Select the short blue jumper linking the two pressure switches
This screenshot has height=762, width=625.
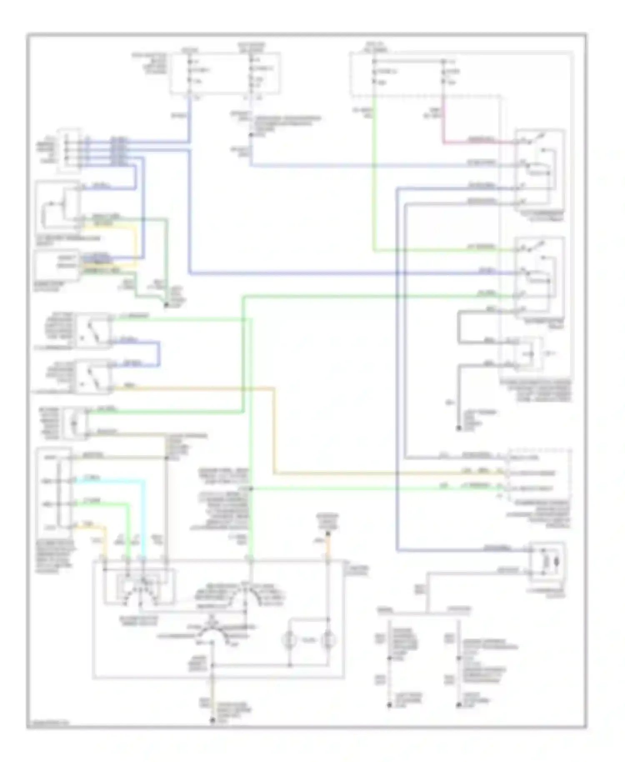pos(159,353)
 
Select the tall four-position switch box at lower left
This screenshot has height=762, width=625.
pos(54,492)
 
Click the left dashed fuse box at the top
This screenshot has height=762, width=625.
pos(224,73)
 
